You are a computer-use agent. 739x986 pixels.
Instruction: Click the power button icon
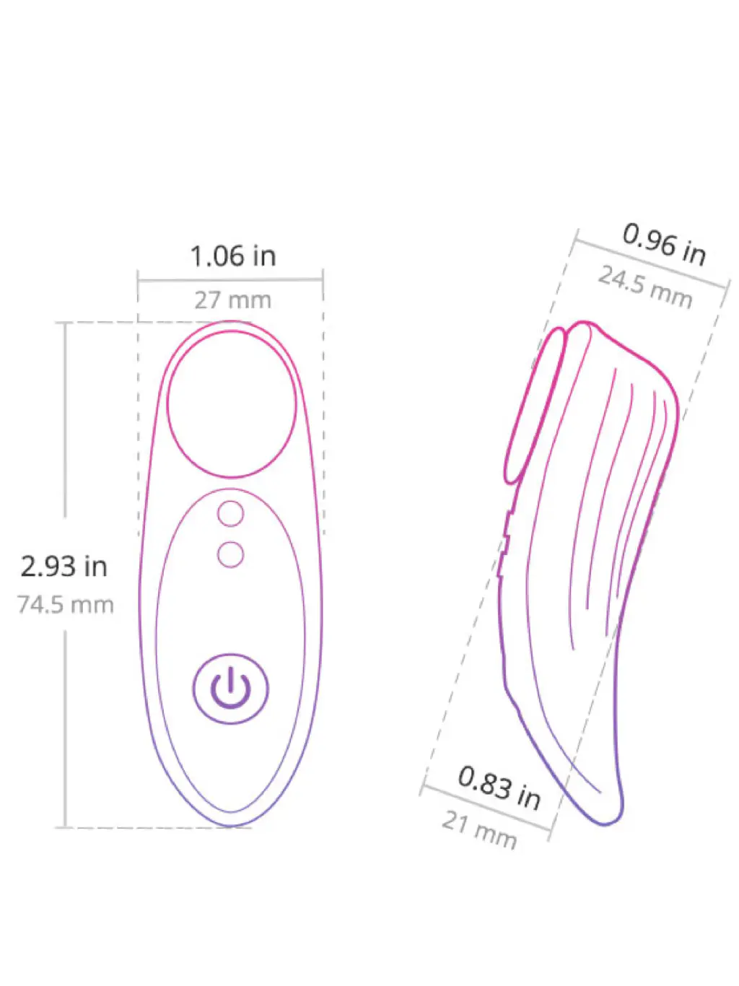click(x=230, y=689)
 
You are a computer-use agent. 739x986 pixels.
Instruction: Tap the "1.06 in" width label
click(x=233, y=256)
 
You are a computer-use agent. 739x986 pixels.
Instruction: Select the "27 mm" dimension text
click(x=233, y=300)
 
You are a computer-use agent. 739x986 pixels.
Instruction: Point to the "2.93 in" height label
click(x=64, y=567)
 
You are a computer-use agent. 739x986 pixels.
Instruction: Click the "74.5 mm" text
click(x=66, y=605)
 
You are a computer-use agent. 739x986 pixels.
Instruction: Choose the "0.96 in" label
click(x=664, y=245)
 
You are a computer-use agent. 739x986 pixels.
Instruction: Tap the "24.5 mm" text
click(x=645, y=287)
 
